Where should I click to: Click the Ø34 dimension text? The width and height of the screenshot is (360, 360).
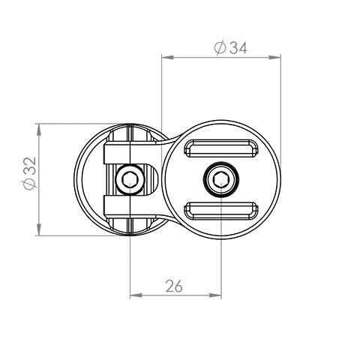230,48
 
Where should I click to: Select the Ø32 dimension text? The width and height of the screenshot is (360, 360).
28,175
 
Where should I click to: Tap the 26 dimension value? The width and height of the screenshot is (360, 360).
174,286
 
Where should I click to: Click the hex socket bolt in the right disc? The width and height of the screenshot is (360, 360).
220,179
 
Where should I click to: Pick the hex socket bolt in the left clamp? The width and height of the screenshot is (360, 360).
129,180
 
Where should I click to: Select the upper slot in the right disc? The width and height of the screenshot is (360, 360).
220,148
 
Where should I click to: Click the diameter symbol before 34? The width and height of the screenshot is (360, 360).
219,48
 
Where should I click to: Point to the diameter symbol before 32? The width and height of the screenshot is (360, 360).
28,184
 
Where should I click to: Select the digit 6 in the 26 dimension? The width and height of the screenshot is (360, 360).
179,286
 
